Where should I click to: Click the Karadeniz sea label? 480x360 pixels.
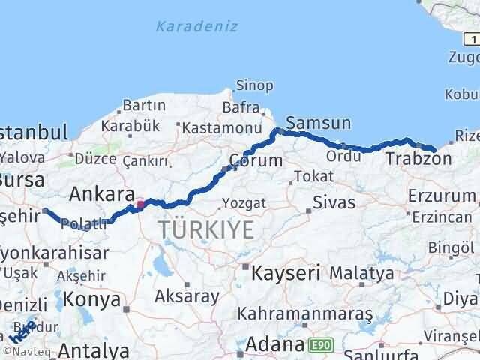click(x=196, y=27)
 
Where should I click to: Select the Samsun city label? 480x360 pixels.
click(x=318, y=123)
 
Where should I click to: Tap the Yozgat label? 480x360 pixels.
click(x=244, y=203)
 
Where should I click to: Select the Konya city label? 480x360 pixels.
click(x=93, y=299)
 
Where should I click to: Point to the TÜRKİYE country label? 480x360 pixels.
click(x=204, y=230)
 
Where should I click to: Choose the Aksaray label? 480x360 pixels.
click(x=187, y=296)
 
